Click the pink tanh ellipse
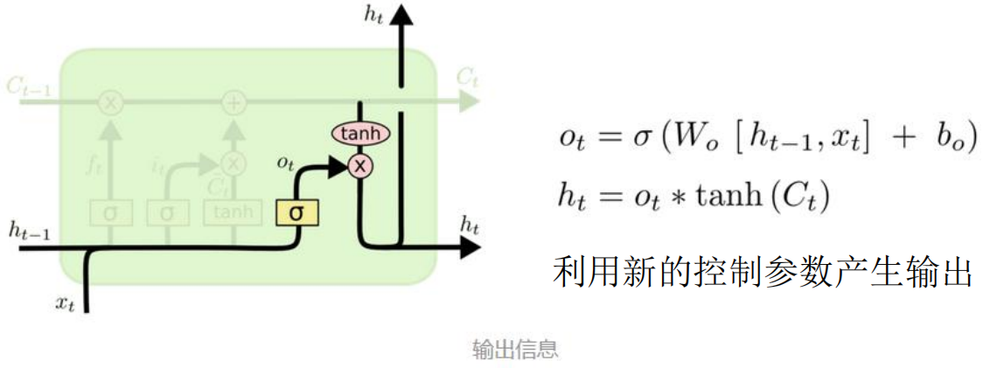[x=360, y=134]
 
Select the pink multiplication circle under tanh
[x=359, y=165]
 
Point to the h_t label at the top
[x=373, y=14]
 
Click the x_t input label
[x=65, y=303]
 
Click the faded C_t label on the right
[x=466, y=78]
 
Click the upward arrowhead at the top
[x=401, y=15]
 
